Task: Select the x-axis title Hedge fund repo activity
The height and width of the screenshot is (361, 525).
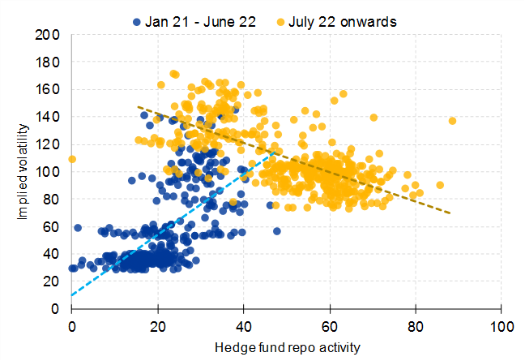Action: tap(286, 347)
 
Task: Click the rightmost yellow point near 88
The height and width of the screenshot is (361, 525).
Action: tap(452, 121)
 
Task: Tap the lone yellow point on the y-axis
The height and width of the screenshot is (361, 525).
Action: tap(72, 159)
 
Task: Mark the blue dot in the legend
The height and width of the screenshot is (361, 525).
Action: tap(137, 23)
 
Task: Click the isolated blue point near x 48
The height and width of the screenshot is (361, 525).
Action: tap(276, 231)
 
